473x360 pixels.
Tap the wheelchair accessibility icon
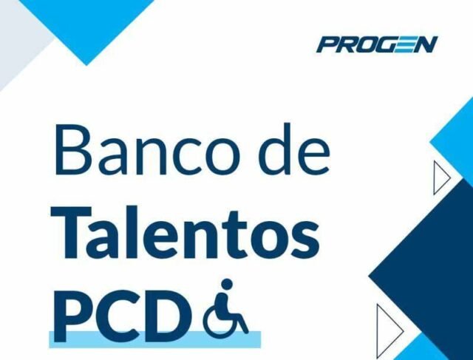click(225, 307)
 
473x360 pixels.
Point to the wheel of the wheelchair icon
click(220, 317)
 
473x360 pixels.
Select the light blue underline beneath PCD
click(154, 339)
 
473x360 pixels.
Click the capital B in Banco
click(74, 150)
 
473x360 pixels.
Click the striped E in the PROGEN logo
click(403, 44)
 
